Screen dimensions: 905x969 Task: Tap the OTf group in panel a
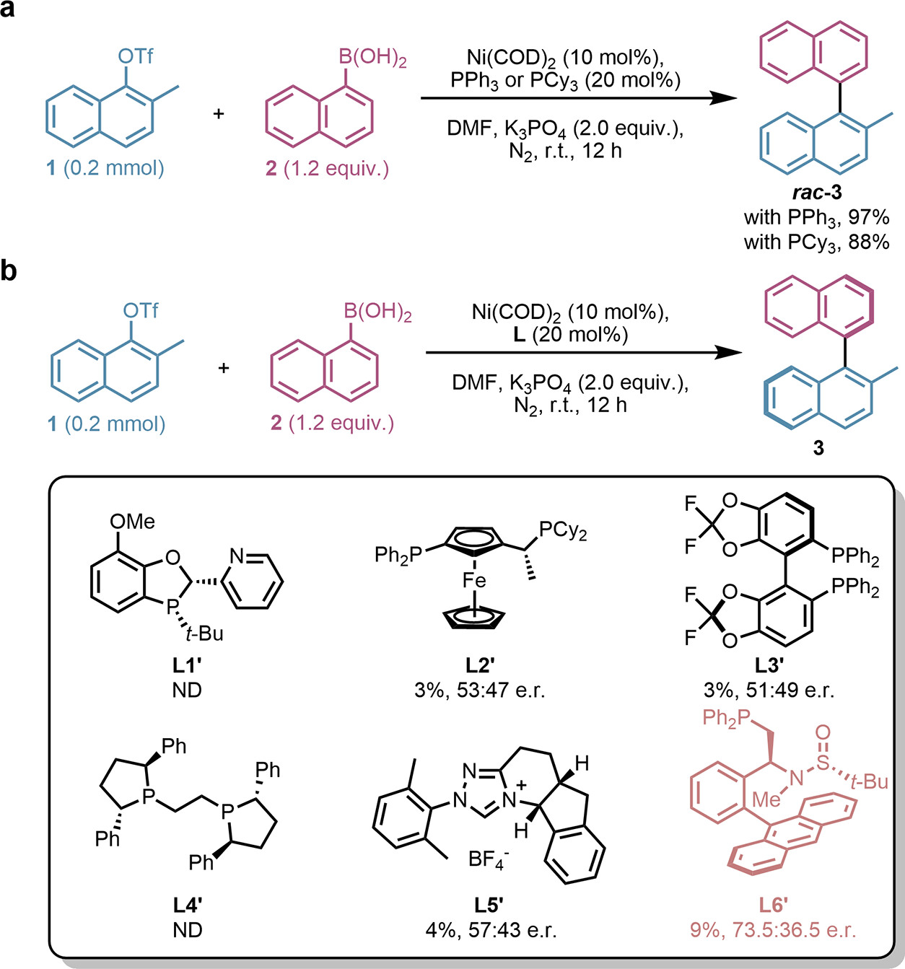135,56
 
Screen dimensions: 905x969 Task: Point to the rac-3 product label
817,193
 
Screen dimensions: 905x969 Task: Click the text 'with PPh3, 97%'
817,218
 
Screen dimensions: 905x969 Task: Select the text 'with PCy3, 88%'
817,242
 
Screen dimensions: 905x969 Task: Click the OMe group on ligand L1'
132,522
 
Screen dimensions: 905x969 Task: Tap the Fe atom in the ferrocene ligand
474,581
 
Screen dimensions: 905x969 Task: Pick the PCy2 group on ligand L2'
563,531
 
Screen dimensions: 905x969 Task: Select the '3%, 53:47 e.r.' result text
479,690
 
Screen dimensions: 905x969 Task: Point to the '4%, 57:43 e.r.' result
491,931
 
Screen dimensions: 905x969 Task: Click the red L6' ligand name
774,906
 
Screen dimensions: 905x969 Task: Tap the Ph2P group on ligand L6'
726,719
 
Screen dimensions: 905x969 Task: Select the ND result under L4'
188,931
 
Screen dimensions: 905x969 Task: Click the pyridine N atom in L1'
237,556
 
